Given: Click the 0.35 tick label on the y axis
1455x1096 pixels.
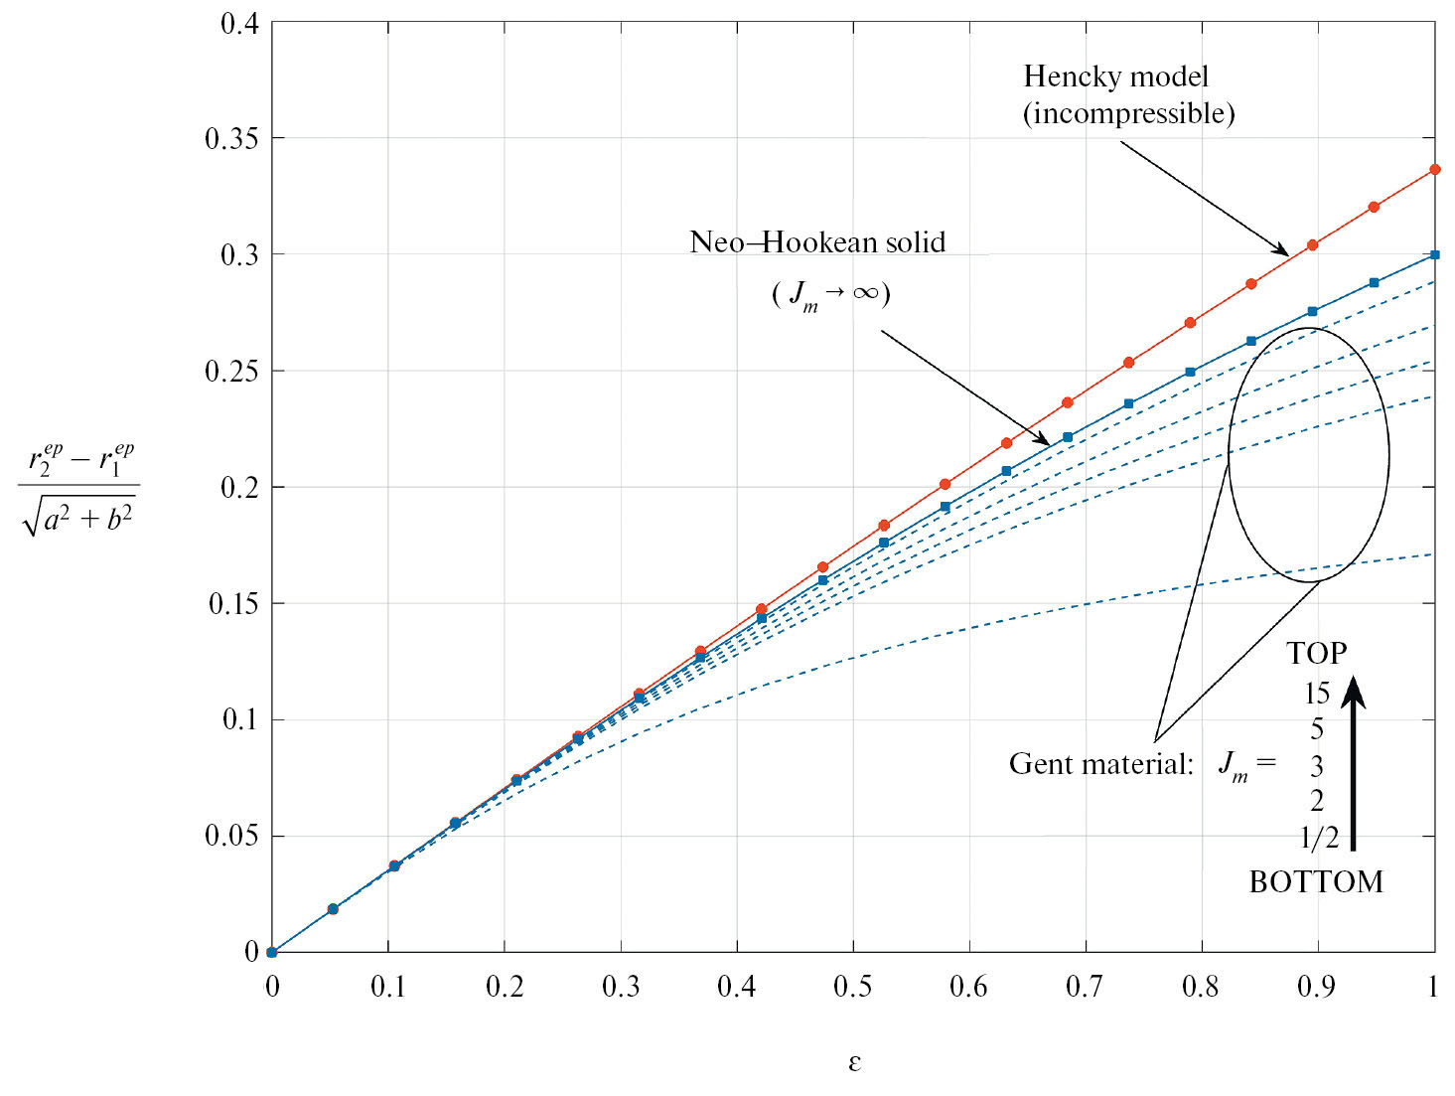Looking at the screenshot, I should (230, 138).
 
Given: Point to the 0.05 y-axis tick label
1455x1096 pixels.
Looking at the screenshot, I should (230, 836).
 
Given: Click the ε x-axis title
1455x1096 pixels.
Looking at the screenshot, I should (854, 1062).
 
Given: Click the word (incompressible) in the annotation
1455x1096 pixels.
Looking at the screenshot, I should (1128, 113).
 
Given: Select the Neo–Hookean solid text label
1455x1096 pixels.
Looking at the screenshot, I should (816, 242).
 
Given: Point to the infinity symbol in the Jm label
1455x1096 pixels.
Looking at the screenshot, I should (864, 292).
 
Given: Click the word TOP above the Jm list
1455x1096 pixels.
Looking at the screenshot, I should (1316, 654).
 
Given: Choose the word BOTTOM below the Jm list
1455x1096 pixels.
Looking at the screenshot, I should (1315, 881).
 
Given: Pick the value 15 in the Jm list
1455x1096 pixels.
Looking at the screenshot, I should (1316, 694).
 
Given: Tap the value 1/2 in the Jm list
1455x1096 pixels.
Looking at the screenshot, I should (1318, 838).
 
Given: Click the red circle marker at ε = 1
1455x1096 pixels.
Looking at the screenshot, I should (1434, 170).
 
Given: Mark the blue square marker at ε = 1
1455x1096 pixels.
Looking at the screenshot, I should (1434, 254).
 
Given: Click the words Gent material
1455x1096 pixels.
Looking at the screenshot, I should (1100, 763).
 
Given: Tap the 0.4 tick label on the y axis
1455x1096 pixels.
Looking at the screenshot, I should (238, 22).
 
